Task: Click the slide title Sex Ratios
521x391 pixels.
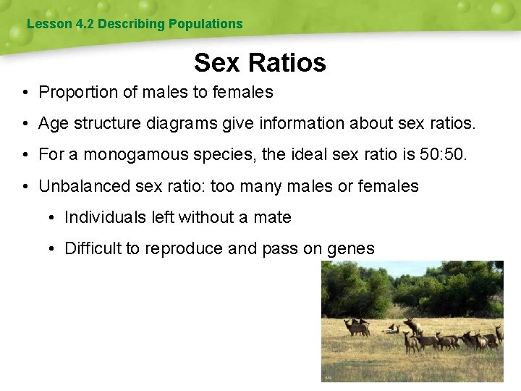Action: click(x=260, y=62)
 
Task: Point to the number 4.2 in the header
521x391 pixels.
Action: click(x=85, y=24)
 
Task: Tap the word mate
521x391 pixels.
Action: click(x=274, y=217)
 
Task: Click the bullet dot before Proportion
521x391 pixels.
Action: click(x=25, y=93)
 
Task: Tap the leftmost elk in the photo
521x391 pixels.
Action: click(x=356, y=327)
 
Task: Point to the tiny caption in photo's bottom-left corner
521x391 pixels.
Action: click(x=328, y=377)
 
